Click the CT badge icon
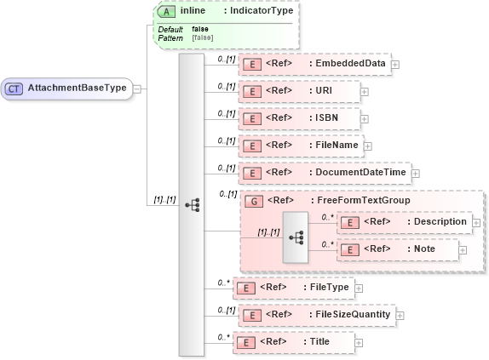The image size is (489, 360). coord(14,88)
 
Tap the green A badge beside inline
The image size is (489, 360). coord(169,11)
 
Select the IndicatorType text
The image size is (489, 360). coord(258,11)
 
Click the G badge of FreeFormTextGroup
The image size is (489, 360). coord(254,201)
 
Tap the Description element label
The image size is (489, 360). coord(437,221)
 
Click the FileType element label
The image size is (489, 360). coord(329,287)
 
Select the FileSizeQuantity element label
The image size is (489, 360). coord(350,314)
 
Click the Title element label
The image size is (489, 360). coord(319,341)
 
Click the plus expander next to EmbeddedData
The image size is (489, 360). coord(395,64)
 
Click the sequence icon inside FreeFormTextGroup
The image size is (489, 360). coord(297,236)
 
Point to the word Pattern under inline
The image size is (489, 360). coord(170,38)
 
